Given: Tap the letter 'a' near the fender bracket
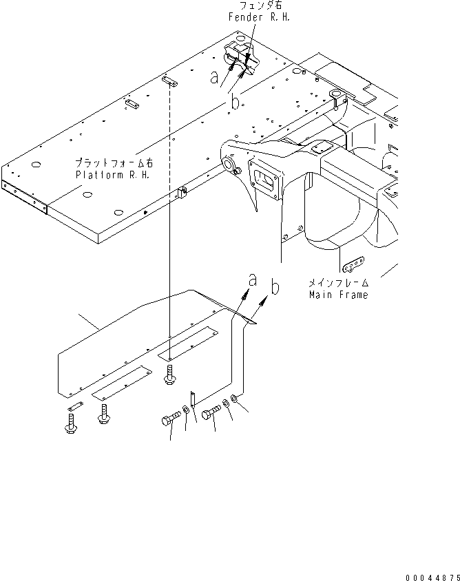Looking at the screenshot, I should [216, 78].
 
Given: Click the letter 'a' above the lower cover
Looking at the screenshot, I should [253, 280].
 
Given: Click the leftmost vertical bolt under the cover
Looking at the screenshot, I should [70, 421].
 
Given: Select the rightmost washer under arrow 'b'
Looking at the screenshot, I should [237, 399].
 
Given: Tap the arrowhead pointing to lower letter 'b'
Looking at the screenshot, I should [266, 301].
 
